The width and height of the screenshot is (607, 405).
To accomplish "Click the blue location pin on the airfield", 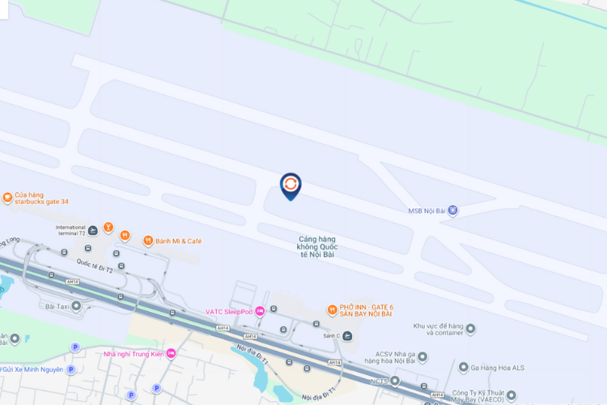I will click(290, 185).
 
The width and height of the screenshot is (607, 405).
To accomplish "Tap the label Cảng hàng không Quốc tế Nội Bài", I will click(317, 247).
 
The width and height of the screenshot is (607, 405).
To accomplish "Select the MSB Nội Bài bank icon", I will click(452, 211).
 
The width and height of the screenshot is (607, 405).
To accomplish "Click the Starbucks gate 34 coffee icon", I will click(7, 198).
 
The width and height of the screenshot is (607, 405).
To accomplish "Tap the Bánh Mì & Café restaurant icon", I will click(148, 241).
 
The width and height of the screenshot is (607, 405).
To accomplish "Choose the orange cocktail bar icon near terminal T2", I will click(108, 226).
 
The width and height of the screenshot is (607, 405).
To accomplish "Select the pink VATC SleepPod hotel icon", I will click(260, 311).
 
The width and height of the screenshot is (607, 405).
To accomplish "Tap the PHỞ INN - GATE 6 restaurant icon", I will click(332, 309).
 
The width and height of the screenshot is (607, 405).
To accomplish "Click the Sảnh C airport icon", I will click(347, 335).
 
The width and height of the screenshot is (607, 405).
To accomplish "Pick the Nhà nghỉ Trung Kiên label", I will click(134, 353).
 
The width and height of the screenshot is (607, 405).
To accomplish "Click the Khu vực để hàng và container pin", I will click(470, 329).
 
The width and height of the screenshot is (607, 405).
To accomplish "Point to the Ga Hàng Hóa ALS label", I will click(498, 368).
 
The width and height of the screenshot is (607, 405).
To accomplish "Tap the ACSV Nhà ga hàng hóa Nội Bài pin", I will click(422, 356).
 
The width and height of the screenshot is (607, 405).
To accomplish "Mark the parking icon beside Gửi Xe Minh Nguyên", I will click(70, 369).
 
